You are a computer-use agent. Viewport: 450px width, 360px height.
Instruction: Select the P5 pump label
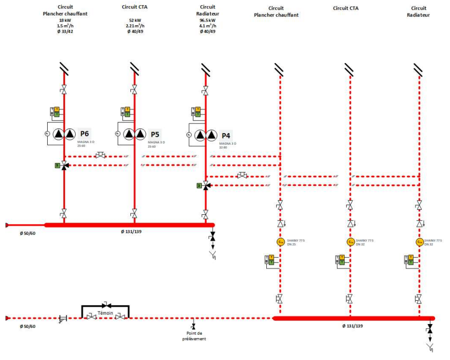pyautogui.click(x=155, y=134)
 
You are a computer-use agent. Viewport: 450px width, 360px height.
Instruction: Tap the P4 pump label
pyautogui.click(x=226, y=134)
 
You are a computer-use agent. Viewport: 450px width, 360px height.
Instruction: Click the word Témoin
pyautogui.click(x=105, y=312)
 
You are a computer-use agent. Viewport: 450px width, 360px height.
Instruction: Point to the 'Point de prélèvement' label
pyautogui.click(x=193, y=336)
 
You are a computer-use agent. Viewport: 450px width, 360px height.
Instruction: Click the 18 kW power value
pyautogui.click(x=64, y=21)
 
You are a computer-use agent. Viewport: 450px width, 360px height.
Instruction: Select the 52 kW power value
pyautogui.click(x=135, y=21)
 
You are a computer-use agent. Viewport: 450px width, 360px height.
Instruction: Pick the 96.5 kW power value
pyautogui.click(x=207, y=21)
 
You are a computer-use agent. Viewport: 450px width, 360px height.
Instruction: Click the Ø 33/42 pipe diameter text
pyautogui.click(x=64, y=31)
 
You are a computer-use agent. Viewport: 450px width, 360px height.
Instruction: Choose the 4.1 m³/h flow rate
pyautogui.click(x=207, y=26)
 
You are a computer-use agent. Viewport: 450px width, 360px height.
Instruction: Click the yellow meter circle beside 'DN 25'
pyautogui.click(x=280, y=242)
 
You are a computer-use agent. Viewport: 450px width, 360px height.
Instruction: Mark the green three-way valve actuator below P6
pyautogui.click(x=57, y=165)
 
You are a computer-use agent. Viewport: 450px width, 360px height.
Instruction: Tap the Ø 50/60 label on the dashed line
pyautogui.click(x=27, y=326)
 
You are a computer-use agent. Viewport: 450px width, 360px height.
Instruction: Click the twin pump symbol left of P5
pyautogui.click(x=135, y=134)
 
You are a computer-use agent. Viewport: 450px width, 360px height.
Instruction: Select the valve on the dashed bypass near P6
pyautogui.click(x=100, y=155)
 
